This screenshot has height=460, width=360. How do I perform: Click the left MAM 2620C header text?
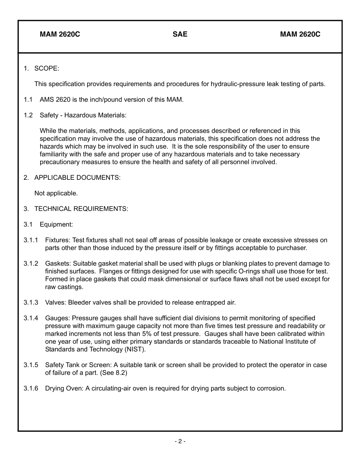coord(60,35)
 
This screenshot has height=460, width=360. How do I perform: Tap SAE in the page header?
coord(180,35)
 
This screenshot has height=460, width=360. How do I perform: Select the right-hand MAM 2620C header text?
coord(300,35)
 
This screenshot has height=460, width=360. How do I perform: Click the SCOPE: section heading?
coord(47,69)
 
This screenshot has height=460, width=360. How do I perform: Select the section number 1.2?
coord(28,115)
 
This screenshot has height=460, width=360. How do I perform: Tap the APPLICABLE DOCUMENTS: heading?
coord(77,177)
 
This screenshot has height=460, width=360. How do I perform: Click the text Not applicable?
coord(56,193)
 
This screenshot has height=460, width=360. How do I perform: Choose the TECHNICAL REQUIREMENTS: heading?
coord(81,209)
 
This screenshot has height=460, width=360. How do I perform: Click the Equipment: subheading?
coord(56,225)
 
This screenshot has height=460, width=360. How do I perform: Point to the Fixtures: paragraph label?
coord(58,240)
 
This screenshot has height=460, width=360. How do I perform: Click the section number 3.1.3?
coord(31,303)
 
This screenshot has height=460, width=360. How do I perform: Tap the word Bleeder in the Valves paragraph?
coord(78,303)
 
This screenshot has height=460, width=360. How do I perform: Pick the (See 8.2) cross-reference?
coord(114,373)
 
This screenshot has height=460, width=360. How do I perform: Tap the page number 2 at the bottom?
coord(180,441)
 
